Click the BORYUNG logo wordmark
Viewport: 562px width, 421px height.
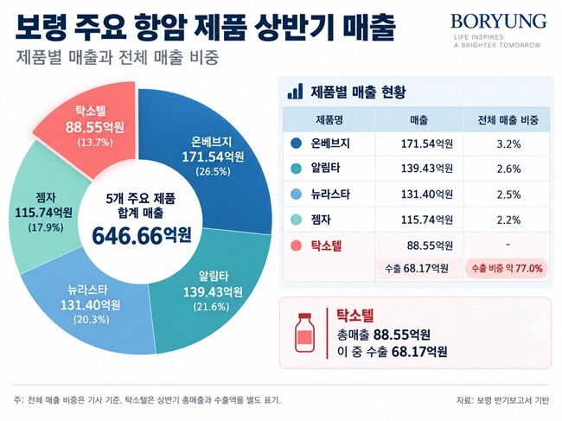click(x=498, y=22)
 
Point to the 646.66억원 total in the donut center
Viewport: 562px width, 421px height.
click(x=142, y=236)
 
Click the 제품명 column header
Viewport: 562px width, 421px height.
click(x=329, y=119)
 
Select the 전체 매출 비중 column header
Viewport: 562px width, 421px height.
click(x=508, y=119)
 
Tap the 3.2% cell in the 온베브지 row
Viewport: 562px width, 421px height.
click(x=508, y=144)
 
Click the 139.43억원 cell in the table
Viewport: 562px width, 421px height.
click(x=426, y=169)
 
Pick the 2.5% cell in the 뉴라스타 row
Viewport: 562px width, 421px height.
click(x=508, y=195)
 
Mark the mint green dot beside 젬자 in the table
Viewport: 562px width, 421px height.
click(x=296, y=220)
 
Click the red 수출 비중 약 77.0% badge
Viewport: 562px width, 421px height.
click(x=507, y=268)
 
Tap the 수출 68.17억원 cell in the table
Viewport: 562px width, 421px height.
click(x=417, y=268)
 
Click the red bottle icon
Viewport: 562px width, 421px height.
click(x=304, y=332)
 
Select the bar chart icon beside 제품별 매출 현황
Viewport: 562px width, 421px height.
click(x=295, y=92)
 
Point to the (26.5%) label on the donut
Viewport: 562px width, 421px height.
click(x=213, y=172)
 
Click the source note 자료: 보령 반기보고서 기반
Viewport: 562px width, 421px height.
click(x=502, y=400)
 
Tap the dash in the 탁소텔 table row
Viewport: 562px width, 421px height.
click(x=508, y=245)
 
